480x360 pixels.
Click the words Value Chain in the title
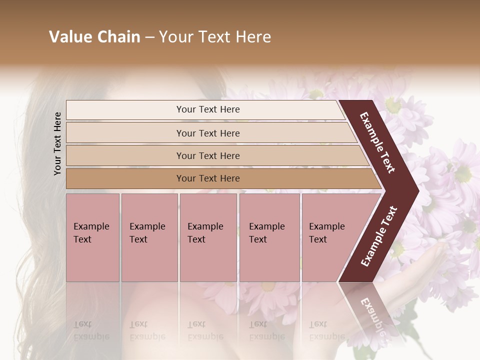click(94, 37)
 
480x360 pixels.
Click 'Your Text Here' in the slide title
click(215, 37)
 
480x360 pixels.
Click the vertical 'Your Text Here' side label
click(57, 143)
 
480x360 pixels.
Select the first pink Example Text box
click(92, 237)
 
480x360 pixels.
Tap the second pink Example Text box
click(149, 237)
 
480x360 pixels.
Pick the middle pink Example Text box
click(208, 237)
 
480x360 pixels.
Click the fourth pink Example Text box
click(269, 237)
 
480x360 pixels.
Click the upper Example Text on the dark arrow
click(377, 142)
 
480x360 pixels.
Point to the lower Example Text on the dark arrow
click(379, 236)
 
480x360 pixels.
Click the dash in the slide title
click(149, 37)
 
